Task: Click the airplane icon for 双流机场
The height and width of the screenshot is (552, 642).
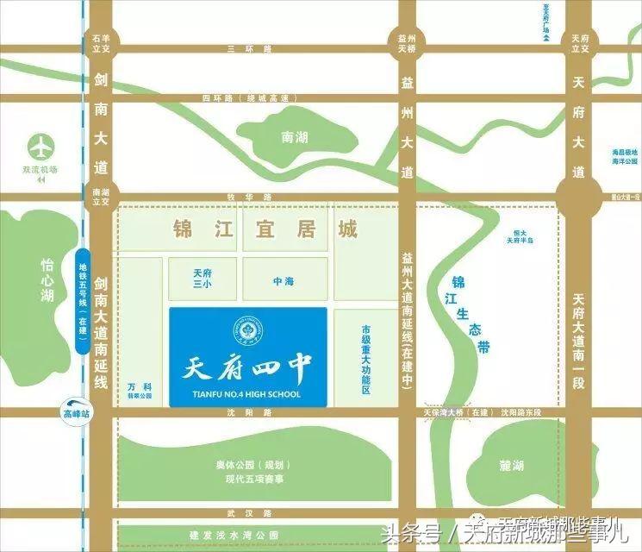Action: [39, 144]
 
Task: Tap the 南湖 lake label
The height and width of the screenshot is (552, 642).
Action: [295, 137]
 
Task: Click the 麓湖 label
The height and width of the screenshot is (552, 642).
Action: [511, 465]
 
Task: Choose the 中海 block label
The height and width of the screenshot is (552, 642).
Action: [284, 280]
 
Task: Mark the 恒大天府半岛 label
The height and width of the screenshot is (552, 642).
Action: [517, 237]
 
